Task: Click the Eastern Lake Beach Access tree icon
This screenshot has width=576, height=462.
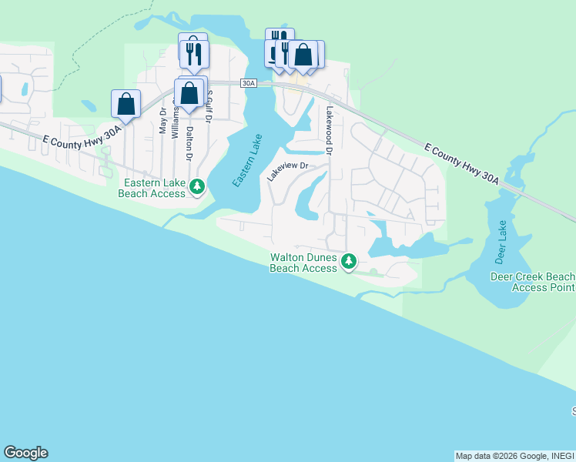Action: tap(197, 186)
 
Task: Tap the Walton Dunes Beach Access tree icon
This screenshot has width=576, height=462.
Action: tap(349, 261)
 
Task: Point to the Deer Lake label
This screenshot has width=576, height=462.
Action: tap(503, 239)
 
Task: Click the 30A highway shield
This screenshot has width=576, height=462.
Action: tap(248, 83)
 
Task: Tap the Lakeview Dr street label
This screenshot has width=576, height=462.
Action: tap(287, 171)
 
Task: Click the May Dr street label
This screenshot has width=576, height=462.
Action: tap(162, 122)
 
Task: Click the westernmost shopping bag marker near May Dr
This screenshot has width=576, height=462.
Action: tap(126, 104)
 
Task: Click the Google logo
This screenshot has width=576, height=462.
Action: tap(25, 453)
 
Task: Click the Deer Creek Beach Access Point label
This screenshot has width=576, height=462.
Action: tap(533, 282)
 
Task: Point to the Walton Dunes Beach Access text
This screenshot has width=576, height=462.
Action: tap(303, 263)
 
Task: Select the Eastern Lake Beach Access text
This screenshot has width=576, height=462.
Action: tap(152, 188)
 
